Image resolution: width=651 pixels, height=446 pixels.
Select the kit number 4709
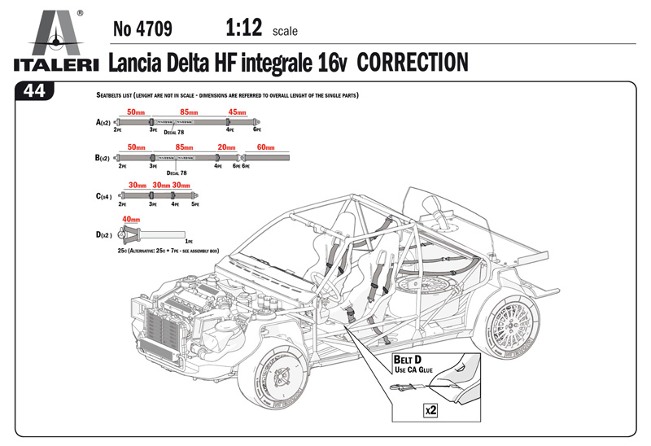pyautogui.click(x=142, y=31)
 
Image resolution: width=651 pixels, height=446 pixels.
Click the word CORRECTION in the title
pyautogui.click(x=413, y=62)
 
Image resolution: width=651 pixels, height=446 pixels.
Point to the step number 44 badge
pyautogui.click(x=34, y=91)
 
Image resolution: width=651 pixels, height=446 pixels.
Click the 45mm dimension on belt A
pyautogui.click(x=237, y=112)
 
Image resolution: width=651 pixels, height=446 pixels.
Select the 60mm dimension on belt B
pyautogui.click(x=266, y=148)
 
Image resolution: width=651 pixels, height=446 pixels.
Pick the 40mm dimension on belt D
pyautogui.click(x=130, y=220)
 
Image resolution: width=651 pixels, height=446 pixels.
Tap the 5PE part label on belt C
pyautogui.click(x=195, y=204)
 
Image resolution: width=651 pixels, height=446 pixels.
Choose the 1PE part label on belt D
pyautogui.click(x=189, y=242)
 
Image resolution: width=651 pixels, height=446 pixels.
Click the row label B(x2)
pyautogui.click(x=103, y=157)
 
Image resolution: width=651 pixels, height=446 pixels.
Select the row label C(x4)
pyautogui.click(x=103, y=196)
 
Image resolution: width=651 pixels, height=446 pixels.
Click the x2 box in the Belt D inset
pyautogui.click(x=430, y=412)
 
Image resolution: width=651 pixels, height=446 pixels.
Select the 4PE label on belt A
pyautogui.click(x=230, y=129)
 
